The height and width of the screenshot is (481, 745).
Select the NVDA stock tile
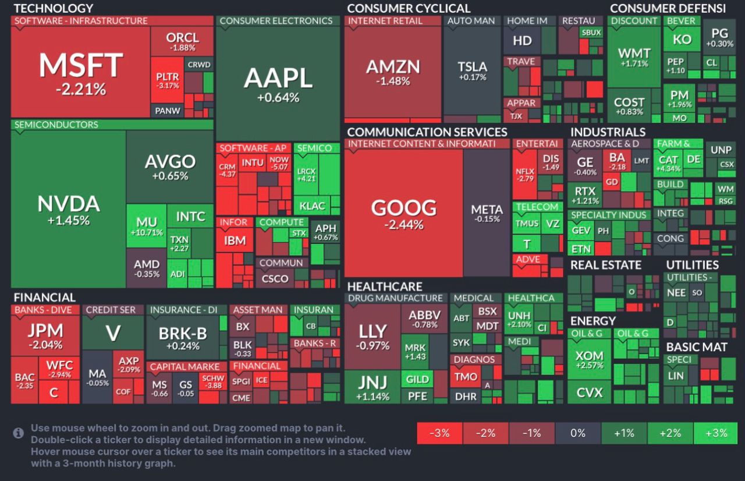pyautogui.click(x=68, y=210)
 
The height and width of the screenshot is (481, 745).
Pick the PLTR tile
pyautogui.click(x=168, y=80)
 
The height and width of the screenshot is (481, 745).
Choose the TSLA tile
pyautogui.click(x=472, y=70)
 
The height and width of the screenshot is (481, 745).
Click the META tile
pyautogui.click(x=487, y=213)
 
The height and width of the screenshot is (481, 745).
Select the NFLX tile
pyautogui.click(x=525, y=174)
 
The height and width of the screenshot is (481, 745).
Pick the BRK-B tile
pyautogui.click(x=183, y=338)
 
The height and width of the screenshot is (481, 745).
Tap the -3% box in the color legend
pyautogui.click(x=439, y=433)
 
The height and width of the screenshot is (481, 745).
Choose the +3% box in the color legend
pyautogui.click(x=715, y=433)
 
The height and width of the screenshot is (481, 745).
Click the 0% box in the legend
pyautogui.click(x=577, y=433)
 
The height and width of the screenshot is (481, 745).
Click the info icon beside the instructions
pyautogui.click(x=19, y=433)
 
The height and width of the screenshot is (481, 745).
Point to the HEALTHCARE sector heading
pyautogui.click(x=384, y=287)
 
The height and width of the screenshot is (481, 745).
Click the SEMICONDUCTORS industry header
pyautogui.click(x=56, y=125)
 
